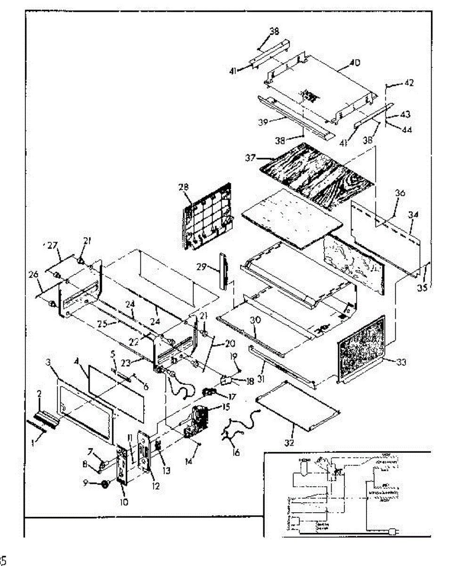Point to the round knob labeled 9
tap(100, 484)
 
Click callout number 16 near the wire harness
tap(236, 453)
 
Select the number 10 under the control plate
tap(123, 502)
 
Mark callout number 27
tap(52, 245)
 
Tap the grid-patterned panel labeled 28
tap(207, 219)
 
